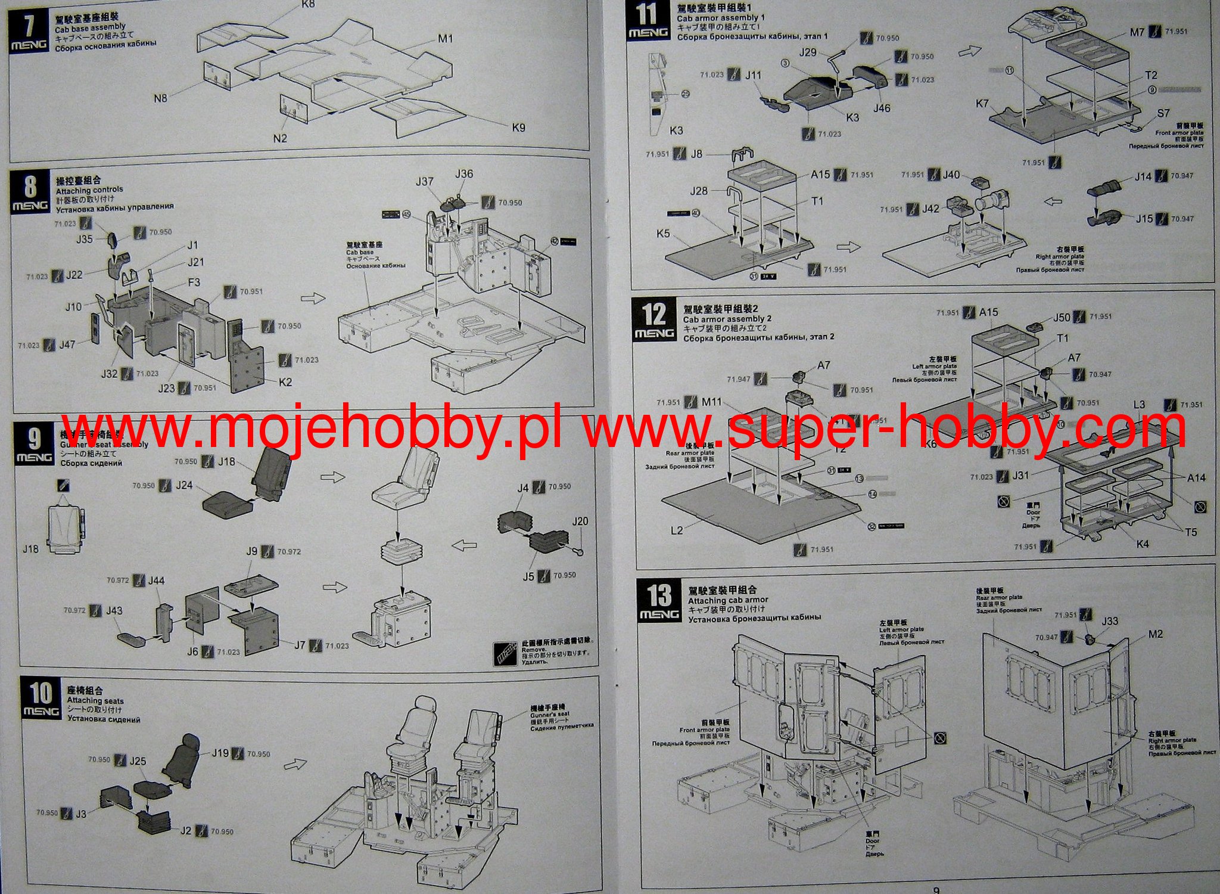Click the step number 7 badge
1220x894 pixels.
click(28, 27)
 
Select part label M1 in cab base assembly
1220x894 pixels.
click(446, 39)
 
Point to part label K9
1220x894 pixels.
click(518, 127)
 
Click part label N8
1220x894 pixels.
click(160, 98)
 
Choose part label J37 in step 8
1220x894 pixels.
click(425, 181)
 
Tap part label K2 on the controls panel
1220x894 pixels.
click(285, 382)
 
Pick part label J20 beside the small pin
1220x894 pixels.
click(580, 521)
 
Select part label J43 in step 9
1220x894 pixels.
click(114, 611)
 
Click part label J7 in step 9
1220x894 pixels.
click(300, 645)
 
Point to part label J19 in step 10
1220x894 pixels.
click(220, 753)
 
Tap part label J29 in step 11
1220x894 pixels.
click(808, 52)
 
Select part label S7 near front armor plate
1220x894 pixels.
click(1163, 113)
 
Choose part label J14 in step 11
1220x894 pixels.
click(1143, 176)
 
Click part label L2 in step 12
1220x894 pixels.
click(677, 530)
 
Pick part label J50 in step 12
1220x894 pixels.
click(1062, 317)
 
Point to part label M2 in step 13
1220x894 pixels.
click(1155, 634)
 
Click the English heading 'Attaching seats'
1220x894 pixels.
click(95, 701)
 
